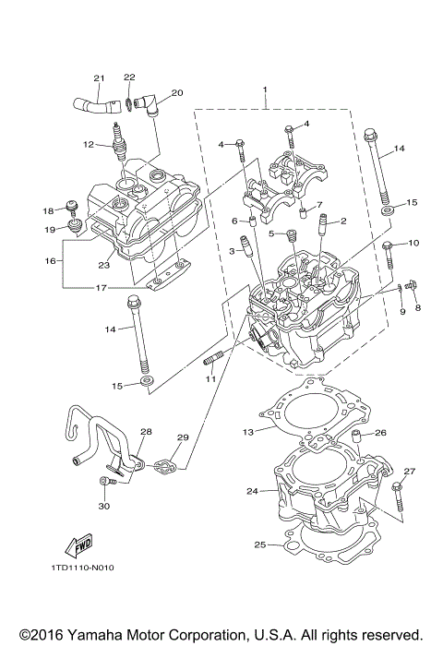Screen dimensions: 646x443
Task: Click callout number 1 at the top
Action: coord(265,91)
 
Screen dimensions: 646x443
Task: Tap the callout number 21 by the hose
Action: coord(99,78)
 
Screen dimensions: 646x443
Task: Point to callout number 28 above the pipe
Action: coord(146,432)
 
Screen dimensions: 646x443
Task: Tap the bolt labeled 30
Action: coord(103,481)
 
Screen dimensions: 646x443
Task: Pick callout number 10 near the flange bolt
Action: coord(413,243)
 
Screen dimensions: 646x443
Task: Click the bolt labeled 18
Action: coord(70,206)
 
